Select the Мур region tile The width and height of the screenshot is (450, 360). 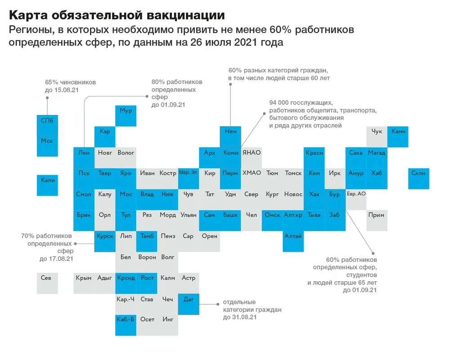[126, 111]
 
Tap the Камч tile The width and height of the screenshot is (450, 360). [398, 131]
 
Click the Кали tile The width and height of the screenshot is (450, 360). [47, 180]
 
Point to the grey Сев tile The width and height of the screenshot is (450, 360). [47, 278]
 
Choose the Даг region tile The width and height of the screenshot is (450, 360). [189, 299]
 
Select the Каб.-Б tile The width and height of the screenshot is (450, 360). [126, 319]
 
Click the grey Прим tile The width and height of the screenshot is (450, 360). [377, 215]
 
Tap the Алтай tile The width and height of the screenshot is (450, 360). [293, 236]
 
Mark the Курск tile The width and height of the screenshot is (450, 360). [105, 236]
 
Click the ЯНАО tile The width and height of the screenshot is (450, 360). [252, 153]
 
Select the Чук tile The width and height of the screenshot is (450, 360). [377, 131]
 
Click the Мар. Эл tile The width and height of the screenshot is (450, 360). [189, 173]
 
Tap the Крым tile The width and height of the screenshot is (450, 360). [84, 278]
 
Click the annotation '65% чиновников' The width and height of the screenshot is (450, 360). [70, 83]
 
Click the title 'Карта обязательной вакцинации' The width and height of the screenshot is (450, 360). [117, 16]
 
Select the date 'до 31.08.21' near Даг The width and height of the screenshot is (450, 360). [240, 317]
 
